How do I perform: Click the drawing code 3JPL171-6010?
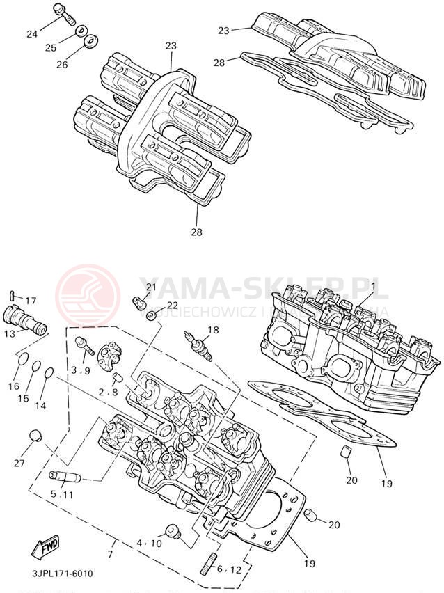click(61, 574)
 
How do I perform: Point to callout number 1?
click(372, 285)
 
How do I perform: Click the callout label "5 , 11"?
click(61, 494)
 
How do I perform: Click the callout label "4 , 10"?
click(149, 542)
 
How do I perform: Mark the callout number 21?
click(152, 287)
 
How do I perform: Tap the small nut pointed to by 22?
click(151, 315)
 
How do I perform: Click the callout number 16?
click(13, 386)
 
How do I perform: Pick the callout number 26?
click(62, 64)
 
